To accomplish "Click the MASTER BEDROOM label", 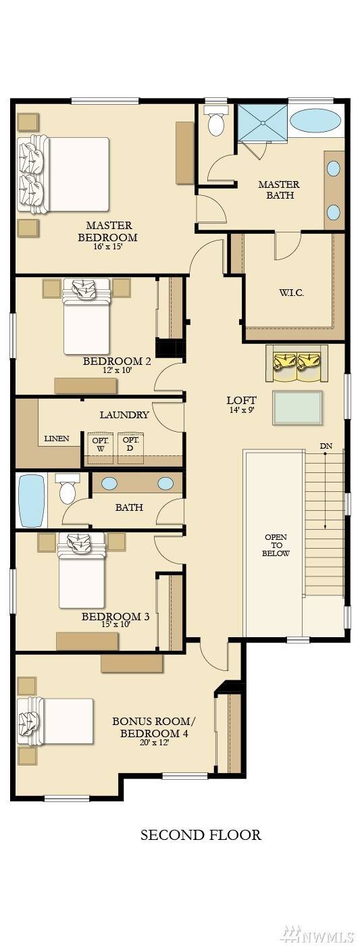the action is click(107, 231).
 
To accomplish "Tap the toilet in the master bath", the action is click(215, 120).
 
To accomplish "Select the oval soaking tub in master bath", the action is click(315, 121).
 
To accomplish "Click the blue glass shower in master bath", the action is click(262, 122).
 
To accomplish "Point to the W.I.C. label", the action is click(291, 292).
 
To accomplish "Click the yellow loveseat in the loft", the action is click(297, 364).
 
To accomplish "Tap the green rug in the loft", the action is click(297, 407).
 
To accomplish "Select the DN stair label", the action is click(326, 445).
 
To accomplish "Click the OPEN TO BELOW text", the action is click(276, 545).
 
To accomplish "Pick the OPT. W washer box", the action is click(100, 447).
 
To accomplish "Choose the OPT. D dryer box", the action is click(130, 447).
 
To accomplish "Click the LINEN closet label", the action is click(57, 439).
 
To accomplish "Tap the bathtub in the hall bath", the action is click(32, 501).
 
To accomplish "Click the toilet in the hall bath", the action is click(68, 489).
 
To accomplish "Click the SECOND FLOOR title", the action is click(201, 835).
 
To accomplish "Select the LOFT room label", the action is click(241, 400).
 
